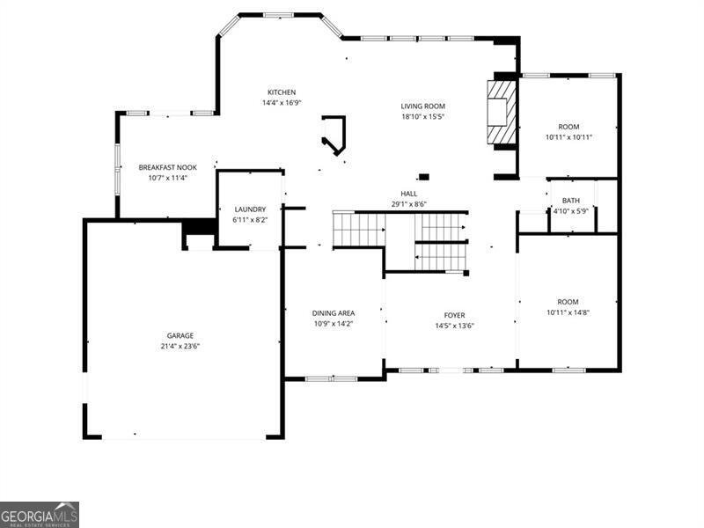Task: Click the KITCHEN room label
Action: (282, 92)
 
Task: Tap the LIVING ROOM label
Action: (423, 106)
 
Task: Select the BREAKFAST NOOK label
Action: (167, 167)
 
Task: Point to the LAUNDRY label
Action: (250, 209)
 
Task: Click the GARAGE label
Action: (180, 335)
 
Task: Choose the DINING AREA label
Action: (334, 313)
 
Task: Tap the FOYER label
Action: (454, 315)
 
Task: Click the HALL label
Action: (409, 194)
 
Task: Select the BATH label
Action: (571, 201)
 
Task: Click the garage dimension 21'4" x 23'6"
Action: (180, 346)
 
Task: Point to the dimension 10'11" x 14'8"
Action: (568, 312)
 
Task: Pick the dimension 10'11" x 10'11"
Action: (568, 136)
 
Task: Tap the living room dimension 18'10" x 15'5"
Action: (423, 116)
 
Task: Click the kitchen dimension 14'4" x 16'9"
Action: (282, 102)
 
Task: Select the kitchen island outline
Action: (335, 135)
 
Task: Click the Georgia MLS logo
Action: (40, 514)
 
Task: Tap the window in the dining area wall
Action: (331, 378)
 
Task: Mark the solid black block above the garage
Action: (201, 227)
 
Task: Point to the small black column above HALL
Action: (423, 176)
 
